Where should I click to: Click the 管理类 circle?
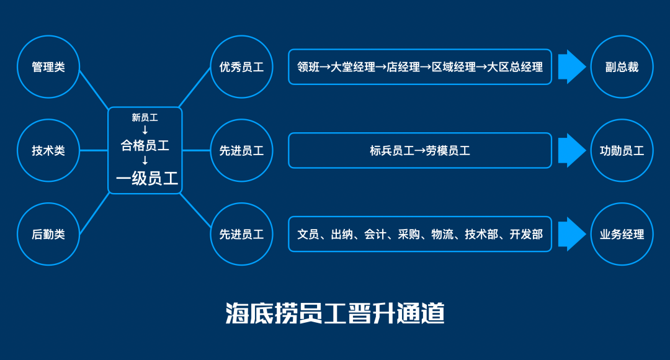click(x=48, y=67)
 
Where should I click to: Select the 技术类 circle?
click(x=48, y=150)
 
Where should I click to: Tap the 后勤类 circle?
click(x=48, y=234)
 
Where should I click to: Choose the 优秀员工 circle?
click(x=241, y=67)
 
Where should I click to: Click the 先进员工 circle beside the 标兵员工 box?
click(x=241, y=150)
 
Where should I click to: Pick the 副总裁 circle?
click(x=622, y=67)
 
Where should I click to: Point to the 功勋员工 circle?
click(x=622, y=150)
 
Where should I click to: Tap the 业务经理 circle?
click(x=622, y=234)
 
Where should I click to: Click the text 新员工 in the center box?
click(x=145, y=117)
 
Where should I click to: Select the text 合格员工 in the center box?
click(x=145, y=146)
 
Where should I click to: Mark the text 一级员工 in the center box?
click(x=147, y=179)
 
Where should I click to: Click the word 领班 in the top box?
click(x=308, y=67)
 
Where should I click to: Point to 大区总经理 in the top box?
click(x=515, y=67)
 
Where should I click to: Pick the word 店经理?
click(x=403, y=67)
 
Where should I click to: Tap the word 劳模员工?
click(x=448, y=150)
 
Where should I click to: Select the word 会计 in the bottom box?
click(x=375, y=234)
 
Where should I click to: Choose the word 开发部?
click(x=526, y=234)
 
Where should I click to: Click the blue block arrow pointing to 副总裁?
click(x=571, y=67)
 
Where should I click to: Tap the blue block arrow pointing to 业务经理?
click(x=571, y=234)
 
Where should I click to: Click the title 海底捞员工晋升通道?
click(x=335, y=313)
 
